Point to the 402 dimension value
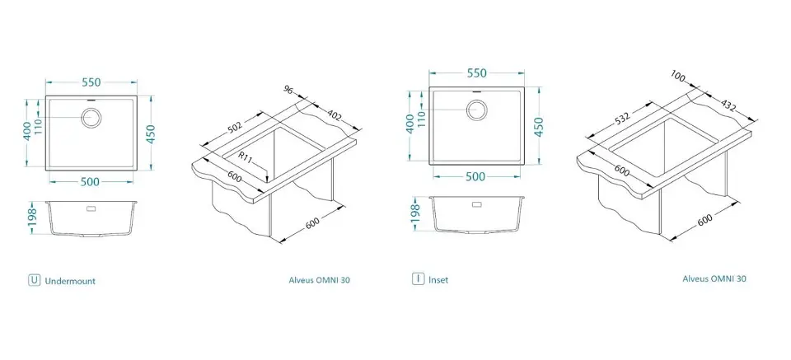click(x=335, y=115)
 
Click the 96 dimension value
click(x=288, y=90)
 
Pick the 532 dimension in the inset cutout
click(x=623, y=118)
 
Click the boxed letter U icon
click(x=34, y=280)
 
